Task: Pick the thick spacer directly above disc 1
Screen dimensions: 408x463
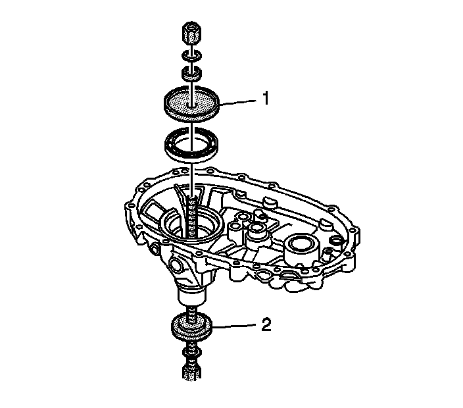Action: (x=191, y=71)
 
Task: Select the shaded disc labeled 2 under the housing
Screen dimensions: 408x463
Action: (x=193, y=327)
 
